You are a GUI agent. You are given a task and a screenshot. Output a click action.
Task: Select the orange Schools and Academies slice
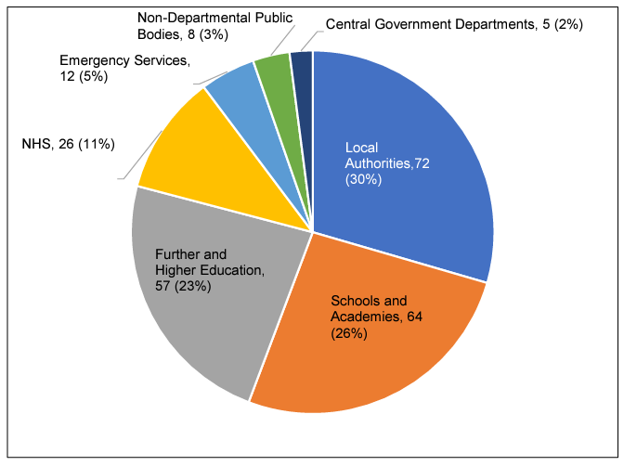coord(371,343)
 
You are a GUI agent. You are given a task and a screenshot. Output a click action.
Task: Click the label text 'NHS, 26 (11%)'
coord(68,144)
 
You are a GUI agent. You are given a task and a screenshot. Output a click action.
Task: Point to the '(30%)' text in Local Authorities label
coord(361,179)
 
